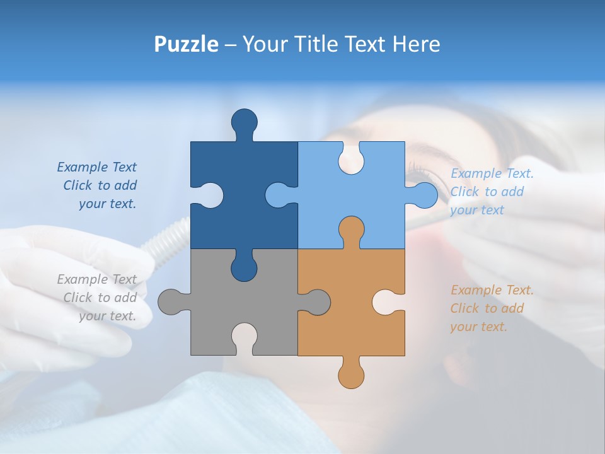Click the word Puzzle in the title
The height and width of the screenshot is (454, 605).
point(186,45)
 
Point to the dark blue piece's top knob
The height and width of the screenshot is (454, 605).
point(245,121)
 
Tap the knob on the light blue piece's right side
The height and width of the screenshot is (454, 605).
point(425,195)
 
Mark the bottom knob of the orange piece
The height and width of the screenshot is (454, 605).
point(351,376)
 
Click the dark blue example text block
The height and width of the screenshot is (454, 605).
point(98,185)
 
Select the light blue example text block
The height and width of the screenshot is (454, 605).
point(492,192)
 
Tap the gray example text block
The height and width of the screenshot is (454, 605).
point(98,298)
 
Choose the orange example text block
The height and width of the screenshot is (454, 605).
point(492,308)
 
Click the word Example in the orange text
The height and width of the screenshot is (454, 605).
point(471,290)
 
